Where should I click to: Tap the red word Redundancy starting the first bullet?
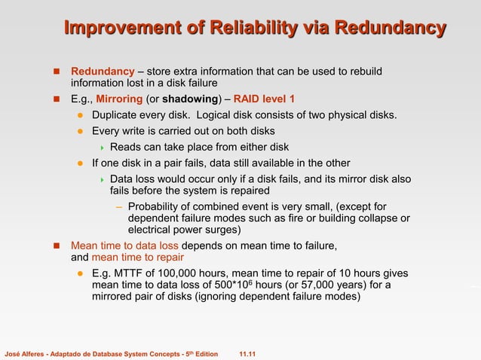(103, 72)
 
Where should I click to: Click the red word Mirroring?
(119, 99)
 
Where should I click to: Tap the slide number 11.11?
(247, 352)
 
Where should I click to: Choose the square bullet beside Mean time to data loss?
(57, 246)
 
